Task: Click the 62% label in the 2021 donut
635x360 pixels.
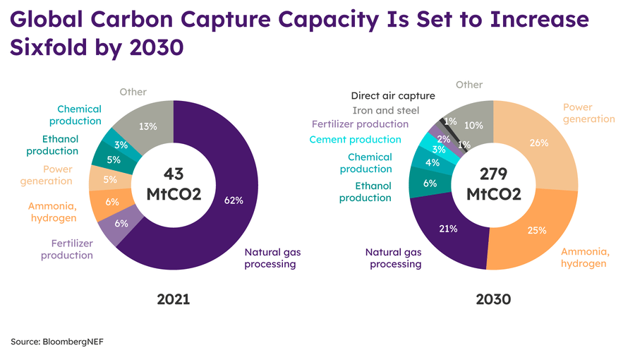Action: pyautogui.click(x=234, y=200)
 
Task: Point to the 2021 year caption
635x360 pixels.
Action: pyautogui.click(x=174, y=299)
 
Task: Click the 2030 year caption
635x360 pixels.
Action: pyautogui.click(x=493, y=299)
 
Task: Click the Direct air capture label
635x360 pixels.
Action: pyautogui.click(x=393, y=95)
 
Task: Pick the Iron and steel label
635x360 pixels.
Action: pyautogui.click(x=385, y=110)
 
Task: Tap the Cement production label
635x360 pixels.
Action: pyautogui.click(x=355, y=140)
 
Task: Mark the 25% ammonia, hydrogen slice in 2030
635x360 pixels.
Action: pyautogui.click(x=536, y=229)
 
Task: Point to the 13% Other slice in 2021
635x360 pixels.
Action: pyautogui.click(x=149, y=127)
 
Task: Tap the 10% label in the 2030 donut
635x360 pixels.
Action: pyautogui.click(x=475, y=126)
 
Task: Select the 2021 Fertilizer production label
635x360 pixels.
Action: pyautogui.click(x=67, y=249)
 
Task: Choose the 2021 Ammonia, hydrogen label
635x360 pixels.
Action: pyautogui.click(x=52, y=212)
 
